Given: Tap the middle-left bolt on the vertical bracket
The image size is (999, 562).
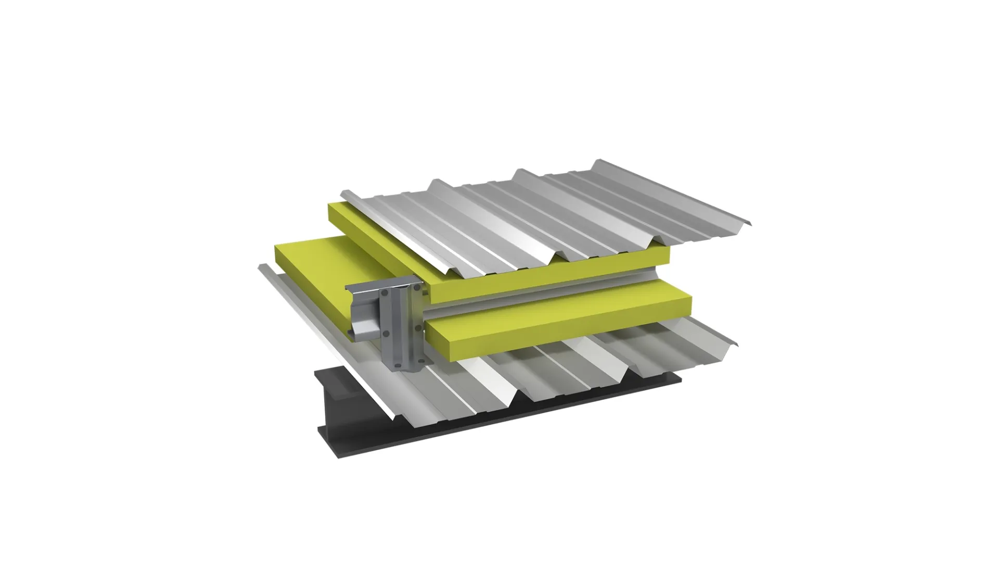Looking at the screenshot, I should tap(386, 334).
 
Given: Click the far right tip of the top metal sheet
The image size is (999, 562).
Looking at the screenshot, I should tap(750, 224).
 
